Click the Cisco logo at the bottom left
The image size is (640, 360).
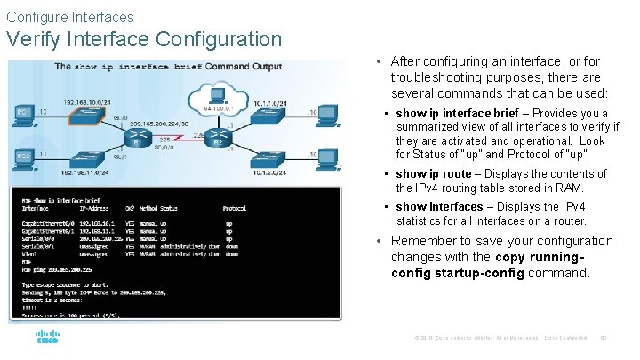(46, 337)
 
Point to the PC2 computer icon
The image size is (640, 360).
(25, 160)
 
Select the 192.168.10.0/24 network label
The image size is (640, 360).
(86, 101)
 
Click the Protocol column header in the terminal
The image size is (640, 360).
(234, 208)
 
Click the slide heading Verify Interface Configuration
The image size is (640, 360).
(144, 40)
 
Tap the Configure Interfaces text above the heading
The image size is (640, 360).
(70, 17)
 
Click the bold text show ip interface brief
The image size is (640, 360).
(457, 113)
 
